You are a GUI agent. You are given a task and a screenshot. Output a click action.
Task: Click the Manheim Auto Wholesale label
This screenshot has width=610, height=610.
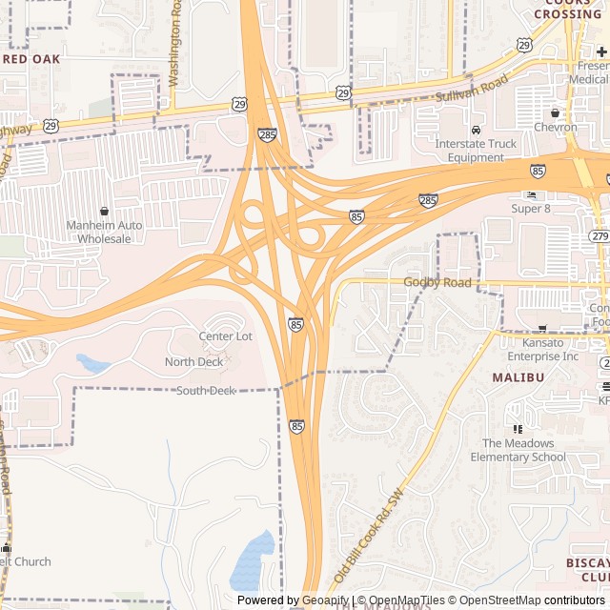pos(104,232)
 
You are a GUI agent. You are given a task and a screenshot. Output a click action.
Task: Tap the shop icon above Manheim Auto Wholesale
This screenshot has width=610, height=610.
pos(104,211)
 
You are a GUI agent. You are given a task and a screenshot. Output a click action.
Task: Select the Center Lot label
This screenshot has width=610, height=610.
pos(225,336)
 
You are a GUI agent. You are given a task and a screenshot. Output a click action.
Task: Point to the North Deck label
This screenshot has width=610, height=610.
pos(194,362)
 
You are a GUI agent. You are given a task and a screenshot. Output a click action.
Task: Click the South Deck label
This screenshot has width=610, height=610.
pos(206,391)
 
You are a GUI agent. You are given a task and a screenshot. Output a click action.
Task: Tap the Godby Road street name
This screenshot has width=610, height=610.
pos(437,283)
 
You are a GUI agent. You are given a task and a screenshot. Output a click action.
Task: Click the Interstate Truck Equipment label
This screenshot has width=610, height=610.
pos(476,151)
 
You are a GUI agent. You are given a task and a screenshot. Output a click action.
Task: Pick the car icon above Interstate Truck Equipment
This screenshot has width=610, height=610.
pos(476,130)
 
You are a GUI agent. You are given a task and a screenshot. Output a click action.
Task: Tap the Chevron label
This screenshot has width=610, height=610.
pos(555,127)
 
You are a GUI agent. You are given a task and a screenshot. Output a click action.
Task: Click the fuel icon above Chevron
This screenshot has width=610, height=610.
pos(555,112)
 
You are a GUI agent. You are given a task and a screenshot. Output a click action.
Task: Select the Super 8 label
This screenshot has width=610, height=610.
pos(531,208)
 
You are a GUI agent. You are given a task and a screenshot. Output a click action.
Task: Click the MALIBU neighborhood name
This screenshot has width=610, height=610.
pos(518,377)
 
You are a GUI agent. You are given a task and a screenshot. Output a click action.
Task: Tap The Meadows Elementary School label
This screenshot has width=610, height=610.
pos(523,450)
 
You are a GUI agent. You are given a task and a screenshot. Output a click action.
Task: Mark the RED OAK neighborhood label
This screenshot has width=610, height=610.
pos(30,59)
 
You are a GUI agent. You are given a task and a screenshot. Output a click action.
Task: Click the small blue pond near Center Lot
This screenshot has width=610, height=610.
pos(92,363)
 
